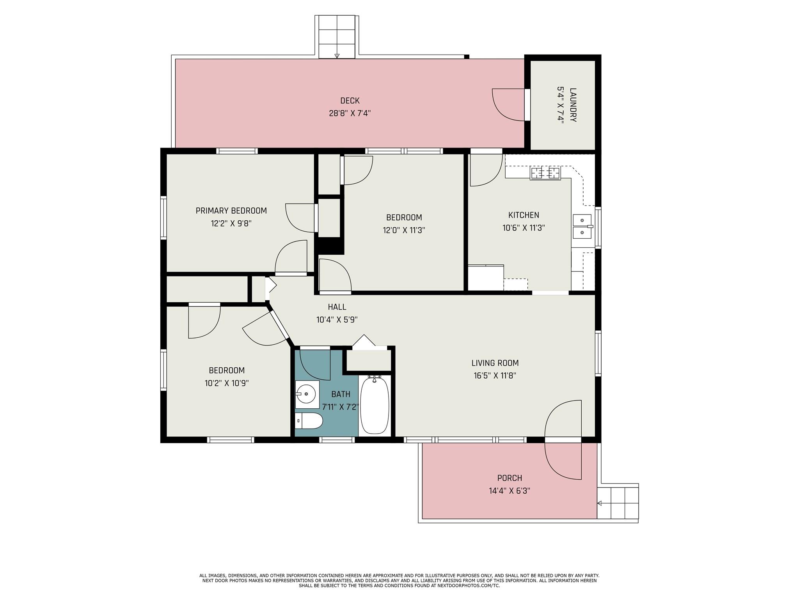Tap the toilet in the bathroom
tap(309, 421)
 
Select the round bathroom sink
tap(306, 394)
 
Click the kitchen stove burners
tap(545, 172)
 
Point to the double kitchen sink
tap(582, 227)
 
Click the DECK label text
tap(350, 101)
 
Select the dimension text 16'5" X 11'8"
tap(495, 376)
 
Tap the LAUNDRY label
tap(573, 105)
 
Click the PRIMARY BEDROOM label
tap(231, 211)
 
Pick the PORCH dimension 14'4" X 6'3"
tap(509, 491)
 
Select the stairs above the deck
tap(337, 37)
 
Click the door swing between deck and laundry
tap(507, 105)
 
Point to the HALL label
tap(337, 307)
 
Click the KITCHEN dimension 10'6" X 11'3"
tap(524, 228)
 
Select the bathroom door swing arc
tap(314, 365)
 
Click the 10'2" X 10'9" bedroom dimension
tap(226, 383)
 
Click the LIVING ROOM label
tap(495, 363)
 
